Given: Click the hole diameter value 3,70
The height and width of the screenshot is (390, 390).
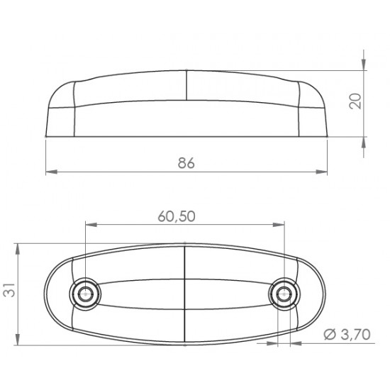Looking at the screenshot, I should coord(353,333).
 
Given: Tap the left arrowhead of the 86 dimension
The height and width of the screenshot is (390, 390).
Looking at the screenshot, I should coord(50,172).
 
